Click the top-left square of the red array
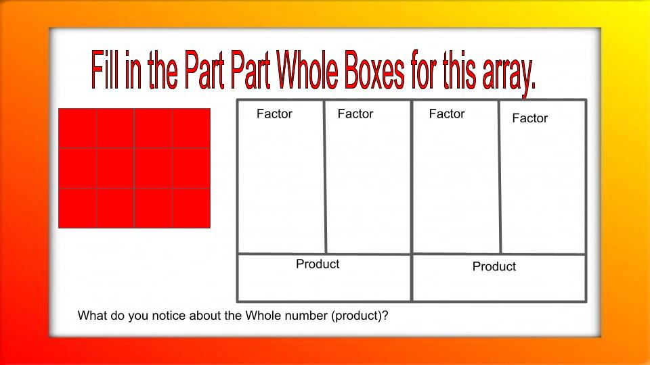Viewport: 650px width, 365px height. coord(78,128)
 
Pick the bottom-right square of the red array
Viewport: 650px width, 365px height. coord(192,208)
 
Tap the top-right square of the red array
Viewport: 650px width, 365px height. coord(192,128)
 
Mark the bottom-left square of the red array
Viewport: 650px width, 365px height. coord(78,208)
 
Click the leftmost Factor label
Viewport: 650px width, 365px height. coord(274,114)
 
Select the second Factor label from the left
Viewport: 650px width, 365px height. coord(355,114)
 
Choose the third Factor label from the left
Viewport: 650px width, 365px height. coord(447,114)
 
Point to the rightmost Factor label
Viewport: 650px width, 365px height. coord(529,118)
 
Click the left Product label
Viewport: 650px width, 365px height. coord(318,264)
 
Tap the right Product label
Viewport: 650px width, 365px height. coord(494,266)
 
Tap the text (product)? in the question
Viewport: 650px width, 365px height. coord(360,316)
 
